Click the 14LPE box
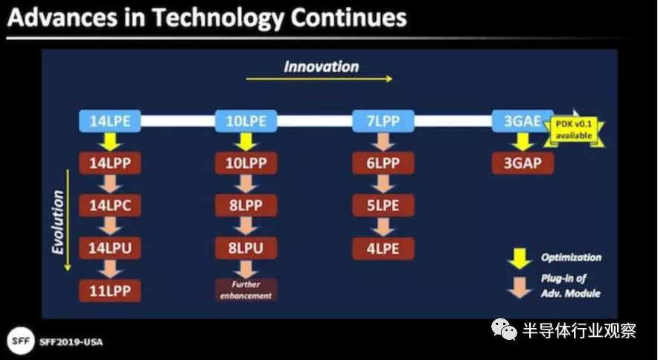tap(110, 121)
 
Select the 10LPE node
tap(246, 121)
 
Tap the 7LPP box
tap(383, 121)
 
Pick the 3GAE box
tap(523, 121)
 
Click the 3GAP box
tap(523, 163)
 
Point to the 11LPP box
tap(110, 291)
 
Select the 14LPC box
tap(110, 205)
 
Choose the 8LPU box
tap(246, 248)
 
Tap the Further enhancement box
tap(246, 290)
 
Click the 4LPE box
tap(383, 248)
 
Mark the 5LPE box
tap(383, 205)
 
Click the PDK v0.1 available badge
tap(574, 130)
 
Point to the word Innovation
tap(321, 67)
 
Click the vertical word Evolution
tap(57, 222)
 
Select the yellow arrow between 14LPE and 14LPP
tap(110, 142)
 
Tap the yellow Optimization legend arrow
tap(520, 258)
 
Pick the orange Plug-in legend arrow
tap(520, 287)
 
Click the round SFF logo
tap(20, 341)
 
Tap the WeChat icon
tap(504, 330)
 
